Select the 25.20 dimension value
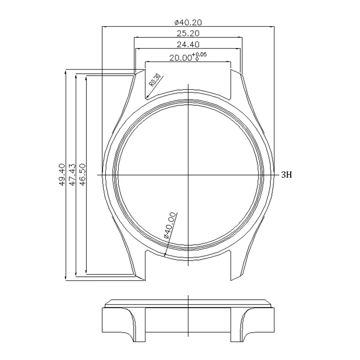pos(188,33)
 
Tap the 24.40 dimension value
pos(188,45)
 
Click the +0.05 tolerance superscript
pos(199,54)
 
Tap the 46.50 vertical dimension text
pos(81,175)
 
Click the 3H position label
pos(287,175)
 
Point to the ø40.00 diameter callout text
pos(169,225)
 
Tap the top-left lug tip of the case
pos(141,70)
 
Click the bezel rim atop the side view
pos(188,302)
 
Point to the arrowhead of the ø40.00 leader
pos(165,255)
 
